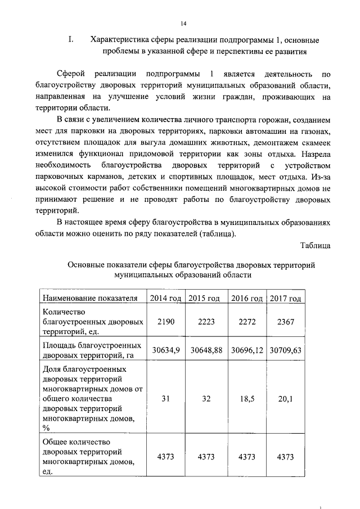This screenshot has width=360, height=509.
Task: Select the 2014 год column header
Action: click(x=165, y=298)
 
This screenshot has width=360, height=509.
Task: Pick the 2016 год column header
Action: click(x=247, y=298)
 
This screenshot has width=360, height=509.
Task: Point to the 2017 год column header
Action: click(x=286, y=298)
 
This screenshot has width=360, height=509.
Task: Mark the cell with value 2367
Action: click(x=286, y=322)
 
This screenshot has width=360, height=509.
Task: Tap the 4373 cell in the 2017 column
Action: click(x=286, y=457)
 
